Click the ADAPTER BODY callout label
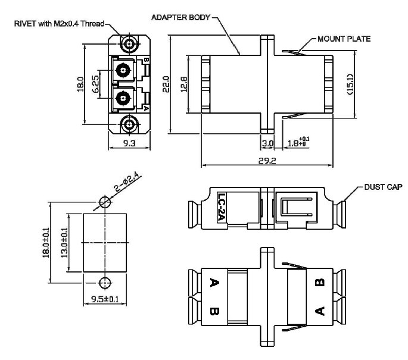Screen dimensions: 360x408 180,17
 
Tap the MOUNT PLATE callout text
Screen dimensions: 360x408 344,39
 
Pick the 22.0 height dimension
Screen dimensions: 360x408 169,84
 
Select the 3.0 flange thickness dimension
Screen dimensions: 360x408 267,143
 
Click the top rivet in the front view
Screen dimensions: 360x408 126,43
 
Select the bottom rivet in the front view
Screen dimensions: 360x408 126,124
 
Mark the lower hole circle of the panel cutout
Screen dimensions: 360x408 105,282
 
